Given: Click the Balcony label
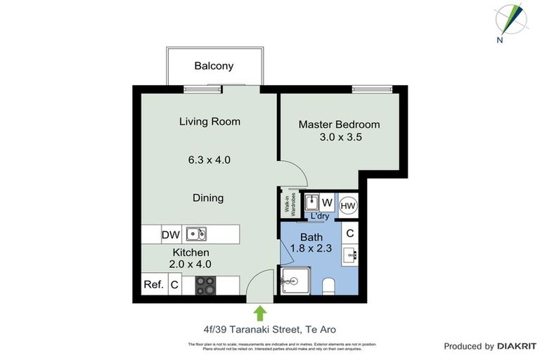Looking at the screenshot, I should [x=214, y=66].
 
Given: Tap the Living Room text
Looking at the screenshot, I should [x=210, y=122].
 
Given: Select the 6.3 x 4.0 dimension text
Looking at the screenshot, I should [x=210, y=160].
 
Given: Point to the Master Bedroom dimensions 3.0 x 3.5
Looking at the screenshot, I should [x=339, y=137].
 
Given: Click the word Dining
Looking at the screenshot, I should [x=208, y=198].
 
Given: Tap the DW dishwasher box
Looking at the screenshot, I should [x=171, y=234].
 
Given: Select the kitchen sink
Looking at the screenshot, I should [x=196, y=233].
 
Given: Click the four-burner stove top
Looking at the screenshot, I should [x=205, y=285].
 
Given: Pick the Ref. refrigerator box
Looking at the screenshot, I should [x=153, y=285].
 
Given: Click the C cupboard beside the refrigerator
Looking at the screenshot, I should [x=175, y=285].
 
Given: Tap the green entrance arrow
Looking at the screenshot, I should [x=260, y=313].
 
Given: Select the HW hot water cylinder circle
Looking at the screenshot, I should [x=347, y=205].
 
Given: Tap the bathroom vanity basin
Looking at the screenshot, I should [x=349, y=255].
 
